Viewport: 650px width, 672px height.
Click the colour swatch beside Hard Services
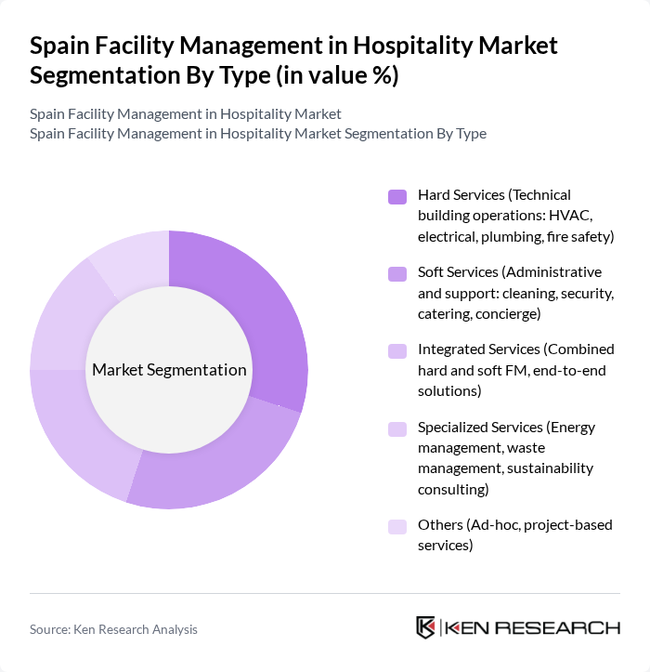397,196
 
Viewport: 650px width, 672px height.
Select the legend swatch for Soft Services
397,273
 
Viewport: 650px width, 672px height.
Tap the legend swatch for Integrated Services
397,350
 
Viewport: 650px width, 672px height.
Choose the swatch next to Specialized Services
397,428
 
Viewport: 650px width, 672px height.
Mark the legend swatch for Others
397,526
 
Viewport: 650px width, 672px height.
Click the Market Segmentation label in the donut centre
169,370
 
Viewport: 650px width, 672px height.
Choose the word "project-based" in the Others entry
567,525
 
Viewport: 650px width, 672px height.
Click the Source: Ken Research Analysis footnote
113,629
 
